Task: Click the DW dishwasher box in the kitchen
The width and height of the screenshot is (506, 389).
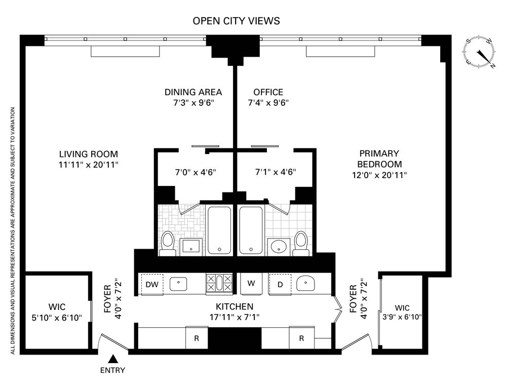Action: [x=152, y=284]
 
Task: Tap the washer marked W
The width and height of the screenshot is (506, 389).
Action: [x=251, y=284]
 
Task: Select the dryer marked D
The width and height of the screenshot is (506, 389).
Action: [x=280, y=284]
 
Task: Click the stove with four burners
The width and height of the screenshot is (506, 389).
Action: [x=219, y=283]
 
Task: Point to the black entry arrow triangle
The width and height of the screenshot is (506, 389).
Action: [x=112, y=359]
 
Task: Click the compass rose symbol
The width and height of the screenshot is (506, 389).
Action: [x=479, y=53]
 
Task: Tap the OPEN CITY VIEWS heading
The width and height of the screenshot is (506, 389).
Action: [x=236, y=21]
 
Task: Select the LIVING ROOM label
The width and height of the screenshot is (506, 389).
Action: [x=89, y=154]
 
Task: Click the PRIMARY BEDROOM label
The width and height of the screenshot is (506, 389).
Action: [x=379, y=159]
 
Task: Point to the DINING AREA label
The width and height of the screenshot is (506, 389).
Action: [x=193, y=92]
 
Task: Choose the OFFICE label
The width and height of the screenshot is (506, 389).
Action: [x=268, y=92]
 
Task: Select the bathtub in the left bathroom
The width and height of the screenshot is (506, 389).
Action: [x=219, y=230]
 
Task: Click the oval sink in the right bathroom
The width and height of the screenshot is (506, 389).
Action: [x=279, y=247]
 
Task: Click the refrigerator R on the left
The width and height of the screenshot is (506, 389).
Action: [x=197, y=338]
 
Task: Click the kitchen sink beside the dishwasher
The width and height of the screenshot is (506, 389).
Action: [x=178, y=284]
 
